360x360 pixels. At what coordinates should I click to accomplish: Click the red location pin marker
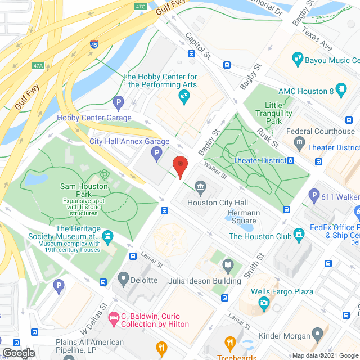click(x=179, y=168)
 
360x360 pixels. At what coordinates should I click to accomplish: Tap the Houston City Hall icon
click(x=200, y=187)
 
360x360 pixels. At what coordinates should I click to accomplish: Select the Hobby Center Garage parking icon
click(x=118, y=102)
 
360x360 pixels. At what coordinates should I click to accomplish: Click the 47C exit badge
click(x=141, y=7)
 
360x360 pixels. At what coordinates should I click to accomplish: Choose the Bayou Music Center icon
click(x=298, y=58)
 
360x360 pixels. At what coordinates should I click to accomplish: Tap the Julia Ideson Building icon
click(x=228, y=264)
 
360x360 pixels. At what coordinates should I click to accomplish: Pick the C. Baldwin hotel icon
click(x=115, y=319)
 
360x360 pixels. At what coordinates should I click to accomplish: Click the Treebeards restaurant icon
click(x=229, y=343)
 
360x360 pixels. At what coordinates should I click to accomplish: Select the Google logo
click(x=18, y=353)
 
